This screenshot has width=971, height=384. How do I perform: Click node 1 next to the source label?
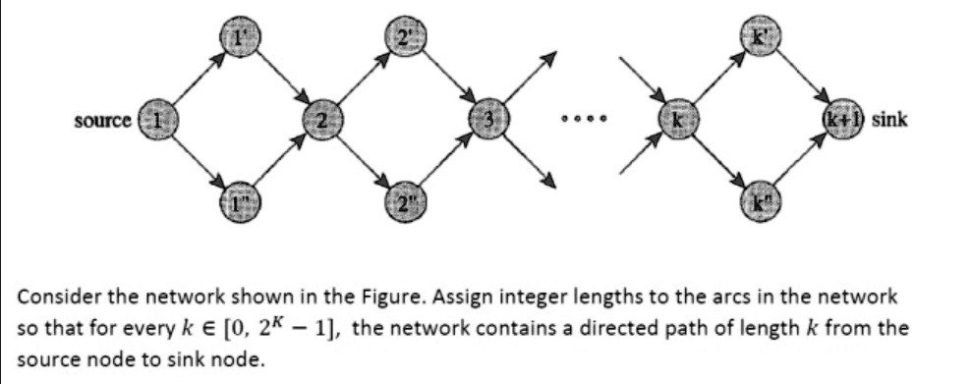(155, 120)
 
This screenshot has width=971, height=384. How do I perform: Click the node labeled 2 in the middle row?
(319, 120)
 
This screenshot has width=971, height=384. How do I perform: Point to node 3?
(485, 120)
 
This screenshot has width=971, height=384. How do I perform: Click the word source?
(103, 120)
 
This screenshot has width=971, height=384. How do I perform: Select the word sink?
(890, 120)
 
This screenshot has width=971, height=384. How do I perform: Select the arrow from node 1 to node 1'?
(195, 79)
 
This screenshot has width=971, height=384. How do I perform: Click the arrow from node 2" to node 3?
(442, 160)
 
